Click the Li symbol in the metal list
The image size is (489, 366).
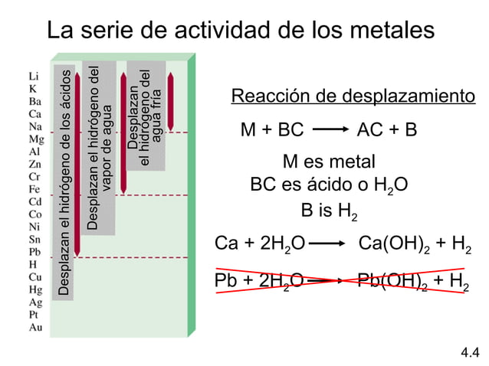[x=33, y=76]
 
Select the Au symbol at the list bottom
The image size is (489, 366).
[x=34, y=327]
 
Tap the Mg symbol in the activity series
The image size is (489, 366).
[x=36, y=139]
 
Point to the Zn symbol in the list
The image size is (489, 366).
[x=34, y=164]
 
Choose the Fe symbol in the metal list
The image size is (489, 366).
[x=34, y=188]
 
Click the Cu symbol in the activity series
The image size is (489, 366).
[x=35, y=276]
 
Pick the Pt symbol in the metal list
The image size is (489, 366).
[x=34, y=314]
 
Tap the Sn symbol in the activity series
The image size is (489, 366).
[x=34, y=239]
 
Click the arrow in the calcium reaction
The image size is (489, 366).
[x=331, y=245]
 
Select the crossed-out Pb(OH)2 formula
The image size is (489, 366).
[x=394, y=281]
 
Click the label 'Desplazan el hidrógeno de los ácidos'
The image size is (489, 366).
[x=66, y=184]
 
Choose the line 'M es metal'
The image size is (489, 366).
[x=329, y=162]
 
